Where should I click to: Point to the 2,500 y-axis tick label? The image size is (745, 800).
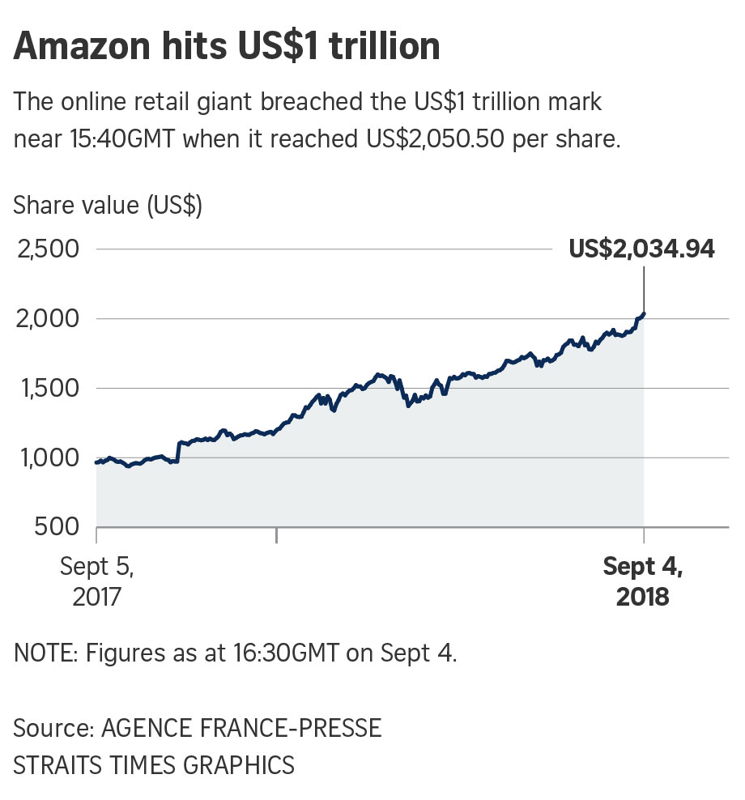(47, 249)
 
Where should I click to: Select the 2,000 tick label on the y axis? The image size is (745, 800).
(47, 319)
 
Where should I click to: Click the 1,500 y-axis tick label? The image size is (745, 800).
(47, 389)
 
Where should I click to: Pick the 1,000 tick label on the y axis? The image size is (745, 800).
(47, 458)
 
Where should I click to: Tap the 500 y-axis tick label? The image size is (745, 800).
(58, 527)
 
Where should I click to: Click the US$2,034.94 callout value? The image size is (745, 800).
(641, 249)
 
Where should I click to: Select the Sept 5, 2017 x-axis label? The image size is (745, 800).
(96, 581)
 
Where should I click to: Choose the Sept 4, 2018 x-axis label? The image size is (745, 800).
(643, 581)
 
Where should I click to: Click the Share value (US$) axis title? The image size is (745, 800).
(108, 206)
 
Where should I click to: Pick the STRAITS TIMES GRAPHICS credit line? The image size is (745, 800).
(154, 764)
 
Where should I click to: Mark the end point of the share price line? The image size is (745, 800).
(644, 313)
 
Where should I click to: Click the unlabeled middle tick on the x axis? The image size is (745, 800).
(277, 534)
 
